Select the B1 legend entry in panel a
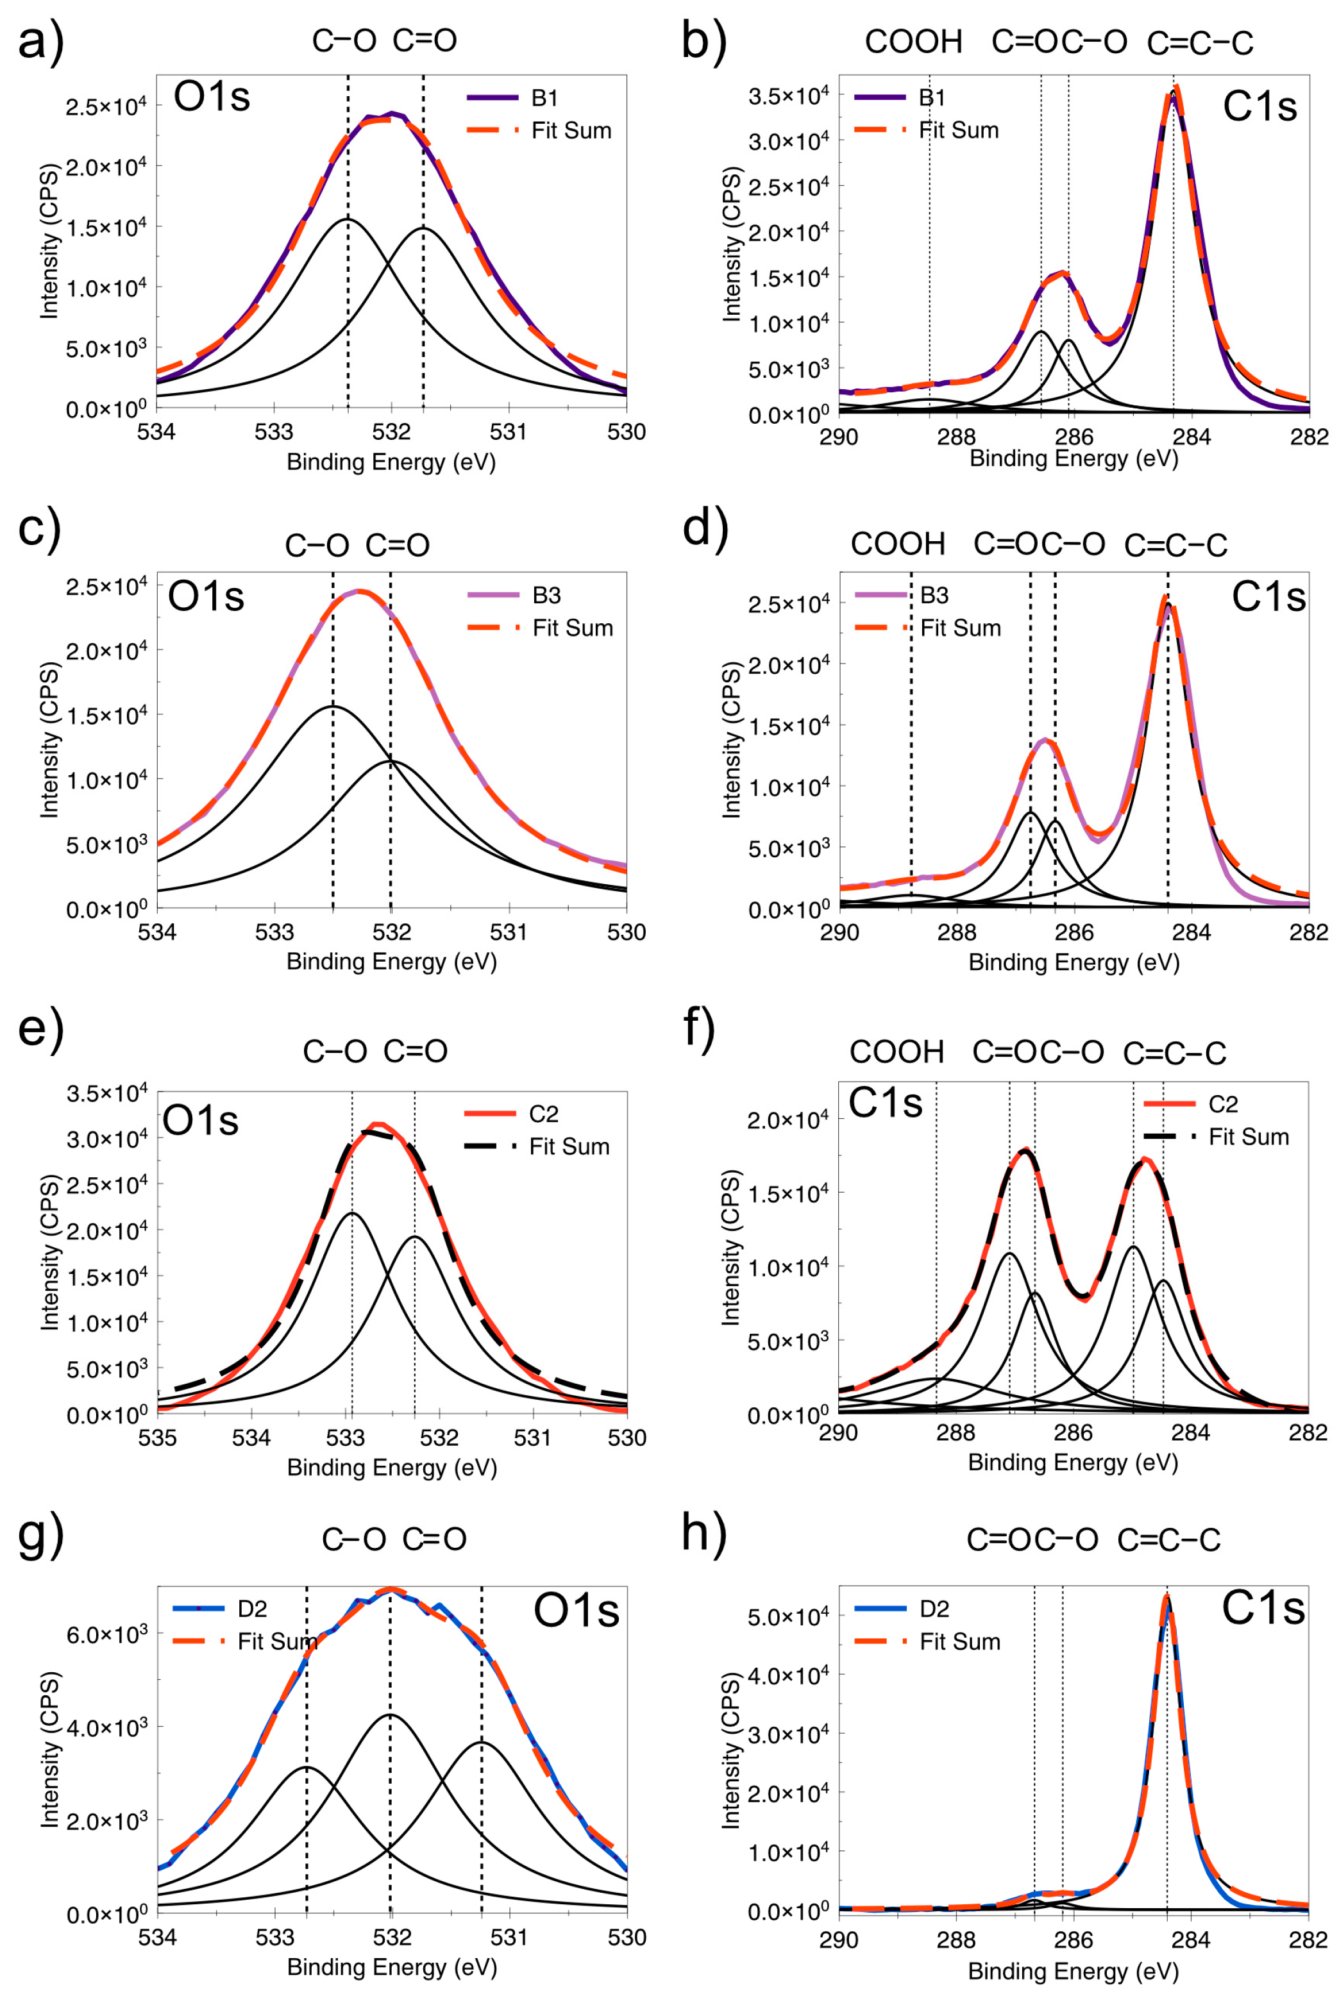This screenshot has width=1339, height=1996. coord(544,98)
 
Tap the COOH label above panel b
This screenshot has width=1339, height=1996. coord(913,42)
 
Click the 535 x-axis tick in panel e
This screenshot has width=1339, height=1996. coord(157,1438)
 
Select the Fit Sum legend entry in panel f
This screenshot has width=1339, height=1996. coord(1248,1137)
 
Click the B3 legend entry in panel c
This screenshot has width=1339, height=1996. coord(546,595)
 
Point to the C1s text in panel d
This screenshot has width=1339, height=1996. coord(1267,597)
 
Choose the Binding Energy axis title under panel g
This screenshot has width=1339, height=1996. coord(391,1967)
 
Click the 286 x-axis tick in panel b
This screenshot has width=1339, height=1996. coord(1074,437)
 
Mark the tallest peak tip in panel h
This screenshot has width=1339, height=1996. coord(1166,1594)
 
